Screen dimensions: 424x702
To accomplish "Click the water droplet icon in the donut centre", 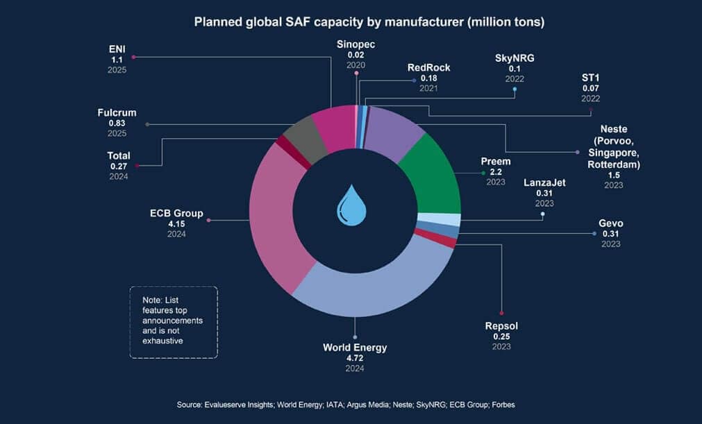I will point(354,205).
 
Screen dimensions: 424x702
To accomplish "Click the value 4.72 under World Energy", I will point(355,358).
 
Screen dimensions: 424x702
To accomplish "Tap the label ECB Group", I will point(176,213).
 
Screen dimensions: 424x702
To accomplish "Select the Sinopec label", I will point(356,44).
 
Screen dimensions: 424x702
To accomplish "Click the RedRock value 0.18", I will point(428,78).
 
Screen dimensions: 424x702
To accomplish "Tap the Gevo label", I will point(610,223).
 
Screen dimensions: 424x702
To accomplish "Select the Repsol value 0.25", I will point(501,337).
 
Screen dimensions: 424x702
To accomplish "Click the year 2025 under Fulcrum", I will point(117,133).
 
